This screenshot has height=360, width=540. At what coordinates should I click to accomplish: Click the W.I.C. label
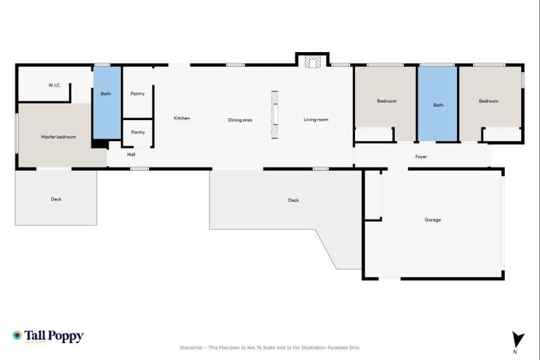[x=55, y=85]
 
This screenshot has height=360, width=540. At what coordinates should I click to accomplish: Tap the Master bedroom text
[x=58, y=136]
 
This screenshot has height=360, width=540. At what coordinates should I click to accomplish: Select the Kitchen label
[x=181, y=118]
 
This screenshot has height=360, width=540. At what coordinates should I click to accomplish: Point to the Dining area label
[x=240, y=120]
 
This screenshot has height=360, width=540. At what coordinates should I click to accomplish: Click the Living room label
[x=316, y=120]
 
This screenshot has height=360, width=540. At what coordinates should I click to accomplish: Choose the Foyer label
[x=421, y=157]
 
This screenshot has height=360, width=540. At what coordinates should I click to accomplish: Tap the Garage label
[x=432, y=219]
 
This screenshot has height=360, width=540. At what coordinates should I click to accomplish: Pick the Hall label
[x=131, y=154]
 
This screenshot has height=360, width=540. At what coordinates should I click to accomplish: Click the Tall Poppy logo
[x=48, y=336]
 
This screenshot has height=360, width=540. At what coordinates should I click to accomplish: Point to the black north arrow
[x=518, y=338]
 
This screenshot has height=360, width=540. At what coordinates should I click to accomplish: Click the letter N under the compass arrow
[x=515, y=351]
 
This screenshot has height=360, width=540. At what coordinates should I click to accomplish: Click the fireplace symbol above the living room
[x=312, y=62]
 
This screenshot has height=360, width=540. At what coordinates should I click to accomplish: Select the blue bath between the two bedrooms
[x=438, y=104]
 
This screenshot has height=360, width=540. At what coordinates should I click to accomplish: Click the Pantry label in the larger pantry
[x=138, y=94]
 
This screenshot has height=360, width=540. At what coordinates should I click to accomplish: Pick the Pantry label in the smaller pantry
[x=138, y=131]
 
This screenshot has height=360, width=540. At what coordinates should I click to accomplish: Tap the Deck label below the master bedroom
[x=56, y=199]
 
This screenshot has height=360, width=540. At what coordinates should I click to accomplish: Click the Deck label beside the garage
[x=293, y=200]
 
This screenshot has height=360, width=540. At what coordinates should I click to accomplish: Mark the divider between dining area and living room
[x=274, y=117]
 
